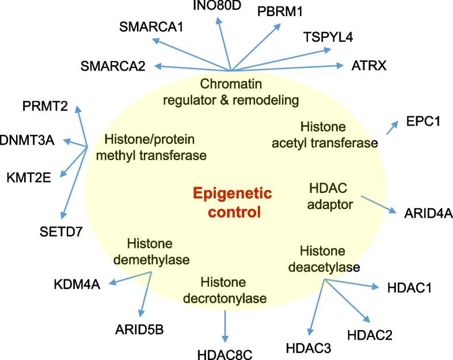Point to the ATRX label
click(x=369, y=66)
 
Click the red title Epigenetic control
click(x=232, y=202)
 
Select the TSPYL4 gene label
click(x=328, y=37)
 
